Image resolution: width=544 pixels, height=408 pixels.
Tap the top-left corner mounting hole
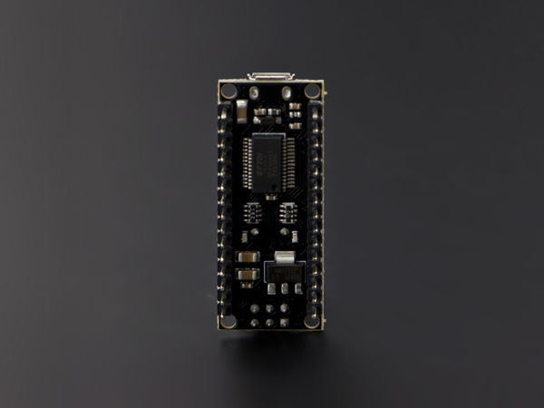(x=228, y=91)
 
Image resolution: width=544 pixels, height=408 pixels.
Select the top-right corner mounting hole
(x=312, y=91)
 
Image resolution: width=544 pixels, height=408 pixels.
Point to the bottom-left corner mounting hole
(x=228, y=320)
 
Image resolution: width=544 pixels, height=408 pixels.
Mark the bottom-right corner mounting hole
(x=312, y=320)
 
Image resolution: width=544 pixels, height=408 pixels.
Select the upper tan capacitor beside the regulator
(x=245, y=257)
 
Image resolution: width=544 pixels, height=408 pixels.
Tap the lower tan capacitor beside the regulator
(x=245, y=273)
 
